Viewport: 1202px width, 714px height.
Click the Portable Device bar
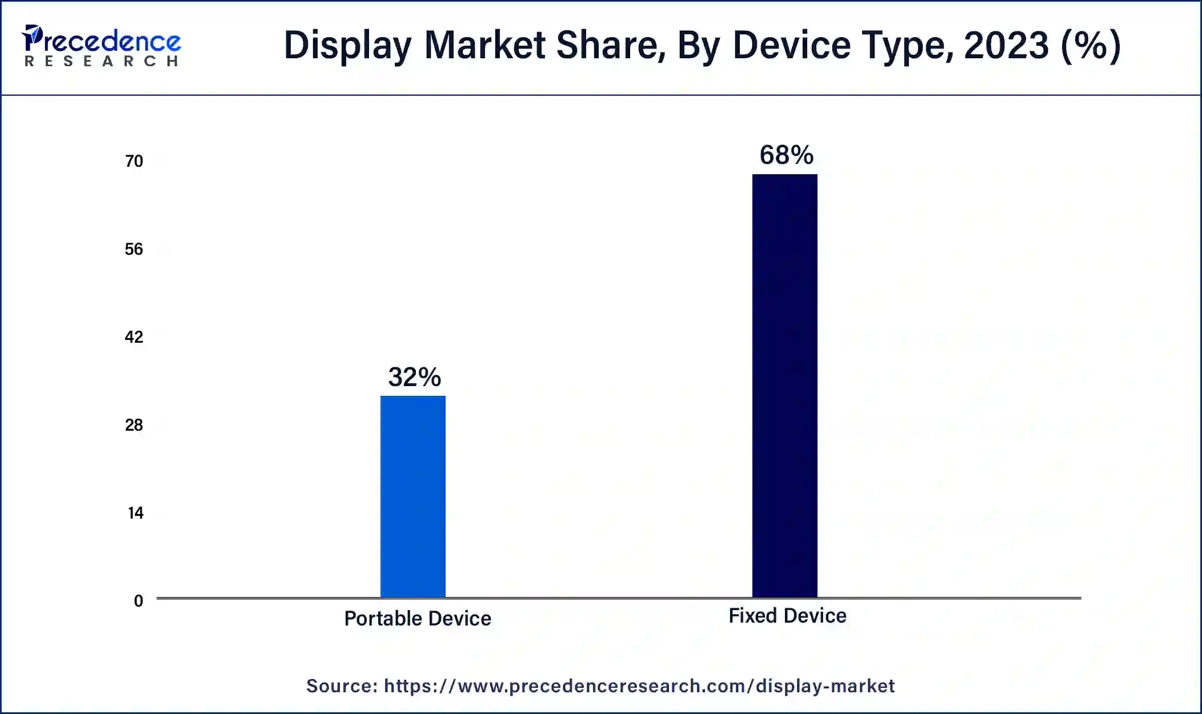(x=413, y=496)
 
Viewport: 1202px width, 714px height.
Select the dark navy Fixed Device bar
(x=784, y=386)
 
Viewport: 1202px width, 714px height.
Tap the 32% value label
(x=415, y=377)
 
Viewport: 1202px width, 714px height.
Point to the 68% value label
(x=786, y=155)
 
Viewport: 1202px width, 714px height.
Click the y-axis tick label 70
(x=134, y=161)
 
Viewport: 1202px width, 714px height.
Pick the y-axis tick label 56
(x=134, y=249)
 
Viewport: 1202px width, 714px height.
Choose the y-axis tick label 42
(x=134, y=337)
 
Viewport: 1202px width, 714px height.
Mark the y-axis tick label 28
(x=134, y=425)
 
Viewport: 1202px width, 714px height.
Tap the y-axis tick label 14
(x=135, y=513)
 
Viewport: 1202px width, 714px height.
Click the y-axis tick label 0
(x=138, y=601)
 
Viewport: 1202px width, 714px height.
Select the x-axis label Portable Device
(x=418, y=619)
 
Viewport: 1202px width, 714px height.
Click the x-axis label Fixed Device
(x=787, y=616)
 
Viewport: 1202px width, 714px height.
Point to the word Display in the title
(x=347, y=46)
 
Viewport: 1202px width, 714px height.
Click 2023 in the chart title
(x=1007, y=46)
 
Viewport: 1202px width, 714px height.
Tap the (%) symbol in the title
(x=1091, y=46)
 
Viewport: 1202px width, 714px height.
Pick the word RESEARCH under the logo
(x=102, y=61)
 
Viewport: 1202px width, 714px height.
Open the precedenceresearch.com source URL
(x=639, y=686)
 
